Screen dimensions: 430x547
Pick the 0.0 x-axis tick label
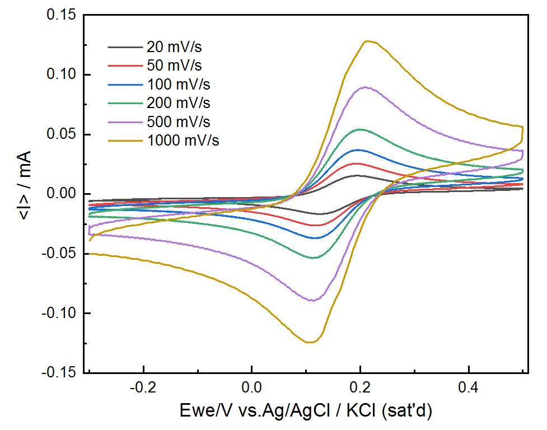click(x=252, y=387)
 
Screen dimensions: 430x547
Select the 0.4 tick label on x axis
click(x=469, y=387)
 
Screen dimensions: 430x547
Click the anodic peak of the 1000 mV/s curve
click(x=367, y=41)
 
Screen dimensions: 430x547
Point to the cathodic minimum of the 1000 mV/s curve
click(x=310, y=342)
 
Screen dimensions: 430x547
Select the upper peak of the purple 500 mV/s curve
click(x=365, y=87)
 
